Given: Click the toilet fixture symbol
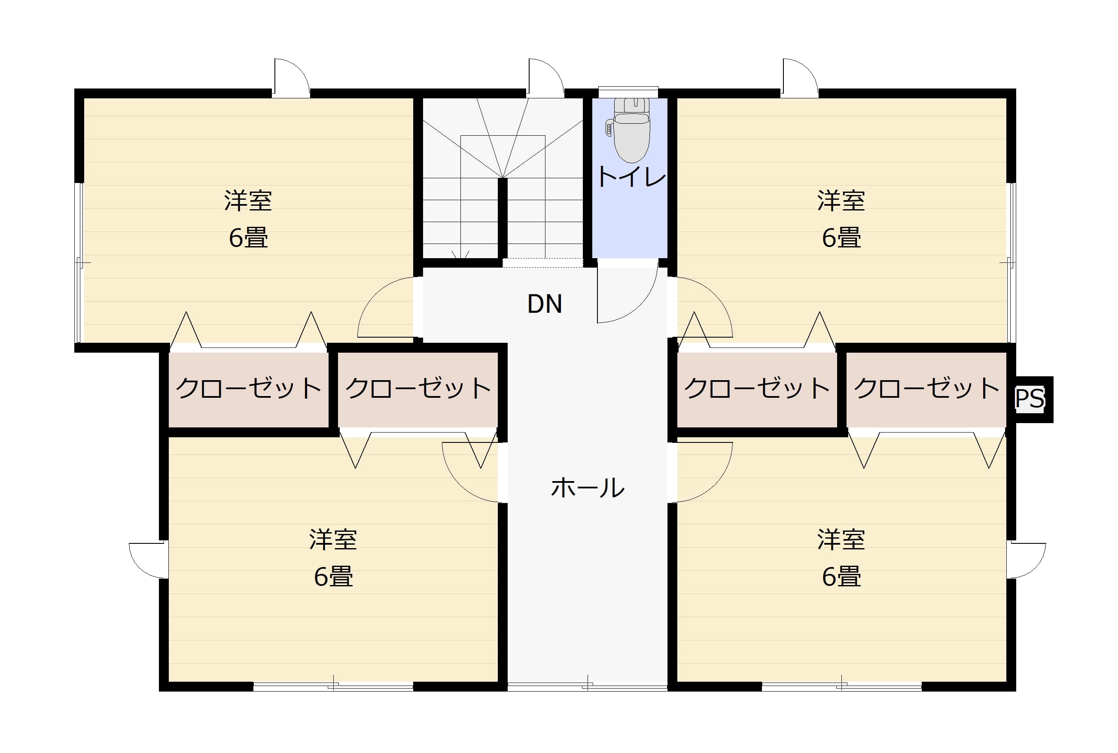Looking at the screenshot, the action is click(x=630, y=130).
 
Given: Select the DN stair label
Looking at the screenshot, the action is click(x=544, y=304).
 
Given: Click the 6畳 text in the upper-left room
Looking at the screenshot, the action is click(x=248, y=237).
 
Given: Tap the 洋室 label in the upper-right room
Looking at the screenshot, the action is click(x=841, y=201).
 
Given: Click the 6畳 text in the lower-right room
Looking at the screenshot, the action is click(x=841, y=576).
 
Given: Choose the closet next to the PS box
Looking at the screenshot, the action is click(x=926, y=390).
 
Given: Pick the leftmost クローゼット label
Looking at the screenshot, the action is click(x=248, y=388).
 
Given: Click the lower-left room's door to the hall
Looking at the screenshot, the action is click(x=463, y=480).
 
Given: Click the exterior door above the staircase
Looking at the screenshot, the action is click(x=546, y=77).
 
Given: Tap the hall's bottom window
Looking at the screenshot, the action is click(x=588, y=687).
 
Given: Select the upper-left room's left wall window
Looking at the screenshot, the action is click(x=79, y=263).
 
